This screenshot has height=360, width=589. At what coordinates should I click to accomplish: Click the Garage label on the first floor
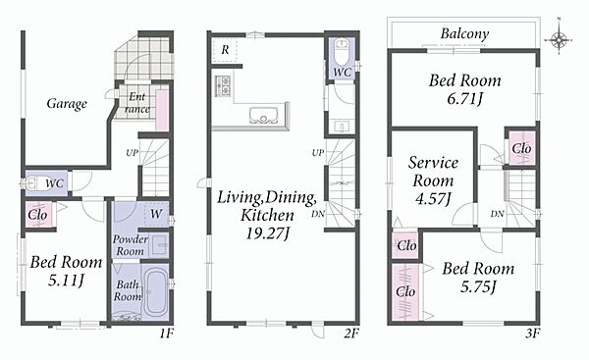click(67, 104)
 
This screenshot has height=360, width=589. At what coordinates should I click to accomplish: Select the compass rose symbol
click(559, 38)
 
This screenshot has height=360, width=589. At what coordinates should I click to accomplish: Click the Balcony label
click(464, 33)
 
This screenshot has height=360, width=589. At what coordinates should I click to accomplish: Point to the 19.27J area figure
click(268, 233)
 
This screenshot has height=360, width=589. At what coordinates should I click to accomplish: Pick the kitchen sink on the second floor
click(264, 115)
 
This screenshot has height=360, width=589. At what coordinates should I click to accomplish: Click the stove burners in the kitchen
click(223, 85)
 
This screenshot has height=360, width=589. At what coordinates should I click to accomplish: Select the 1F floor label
click(167, 333)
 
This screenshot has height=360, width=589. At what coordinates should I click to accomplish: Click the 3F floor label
click(533, 333)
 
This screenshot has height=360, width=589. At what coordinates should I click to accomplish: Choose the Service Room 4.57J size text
click(433, 199)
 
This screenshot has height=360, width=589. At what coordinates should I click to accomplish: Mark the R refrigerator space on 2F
click(225, 50)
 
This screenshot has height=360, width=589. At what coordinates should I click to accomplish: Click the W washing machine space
click(156, 214)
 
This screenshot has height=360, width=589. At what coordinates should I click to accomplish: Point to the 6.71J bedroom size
click(464, 99)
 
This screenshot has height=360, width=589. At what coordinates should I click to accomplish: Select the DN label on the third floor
click(497, 215)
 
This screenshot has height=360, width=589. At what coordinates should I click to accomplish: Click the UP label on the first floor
click(132, 153)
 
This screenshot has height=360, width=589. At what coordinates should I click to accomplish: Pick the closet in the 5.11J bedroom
click(38, 215)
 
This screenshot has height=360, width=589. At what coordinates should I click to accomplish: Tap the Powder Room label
click(130, 245)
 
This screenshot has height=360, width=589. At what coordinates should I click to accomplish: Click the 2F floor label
click(352, 333)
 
